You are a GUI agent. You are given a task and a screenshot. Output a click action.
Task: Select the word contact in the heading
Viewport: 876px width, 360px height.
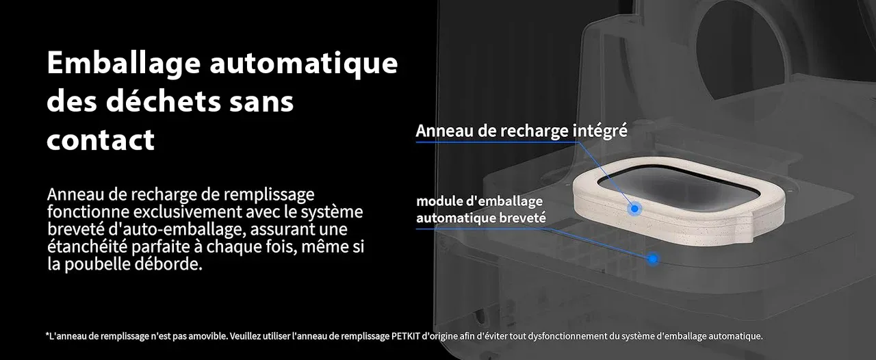coord(101,140)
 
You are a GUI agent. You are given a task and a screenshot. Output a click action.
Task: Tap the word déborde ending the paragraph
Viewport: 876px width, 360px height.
coord(168,263)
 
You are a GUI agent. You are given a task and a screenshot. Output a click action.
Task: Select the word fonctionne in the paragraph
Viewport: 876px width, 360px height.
coord(88,211)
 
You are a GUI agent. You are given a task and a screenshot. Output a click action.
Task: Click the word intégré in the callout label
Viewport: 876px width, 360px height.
coord(600,131)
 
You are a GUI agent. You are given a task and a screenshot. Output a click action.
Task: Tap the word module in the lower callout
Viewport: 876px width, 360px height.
coord(439,201)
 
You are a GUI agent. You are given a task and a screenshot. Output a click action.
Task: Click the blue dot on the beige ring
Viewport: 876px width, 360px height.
coord(634,209)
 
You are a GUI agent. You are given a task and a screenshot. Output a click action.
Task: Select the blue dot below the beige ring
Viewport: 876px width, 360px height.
coord(652,259)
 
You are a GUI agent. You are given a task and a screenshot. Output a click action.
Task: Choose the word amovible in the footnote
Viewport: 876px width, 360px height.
coord(211,336)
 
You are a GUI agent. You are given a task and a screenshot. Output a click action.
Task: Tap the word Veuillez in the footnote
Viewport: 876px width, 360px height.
coord(245,336)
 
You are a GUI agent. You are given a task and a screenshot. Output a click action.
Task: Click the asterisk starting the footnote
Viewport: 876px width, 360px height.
coord(47,335)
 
